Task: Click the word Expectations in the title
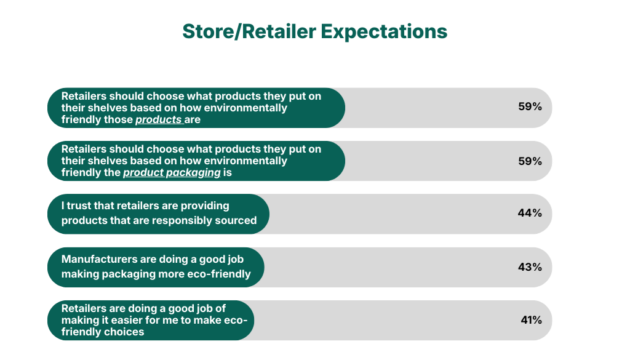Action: tap(384, 32)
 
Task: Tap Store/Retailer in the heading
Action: tap(249, 31)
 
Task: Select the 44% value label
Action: tap(530, 212)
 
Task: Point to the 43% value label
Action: tap(530, 267)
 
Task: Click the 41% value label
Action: tap(531, 320)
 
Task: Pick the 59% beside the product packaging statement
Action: tap(530, 161)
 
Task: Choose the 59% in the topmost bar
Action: tap(530, 106)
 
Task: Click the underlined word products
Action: tap(158, 120)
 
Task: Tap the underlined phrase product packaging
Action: tap(172, 173)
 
